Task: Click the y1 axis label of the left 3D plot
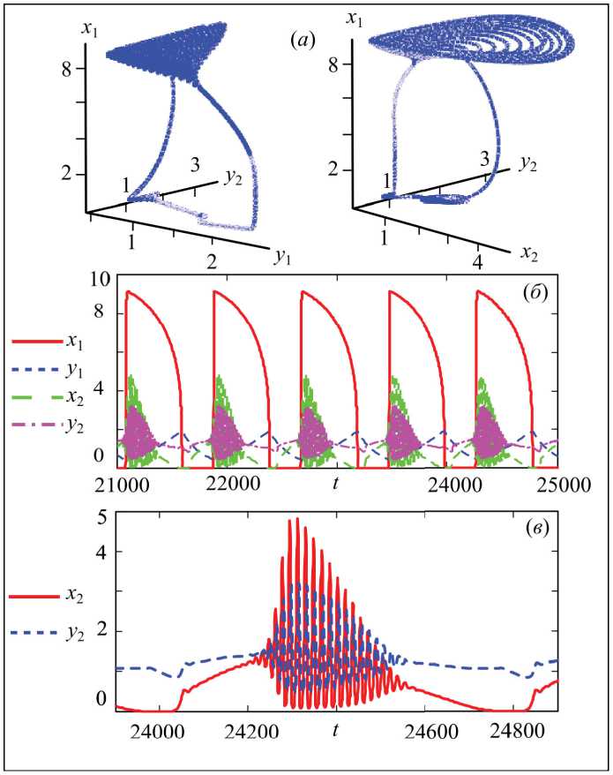coord(283,257)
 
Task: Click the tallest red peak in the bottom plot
coord(297,519)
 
